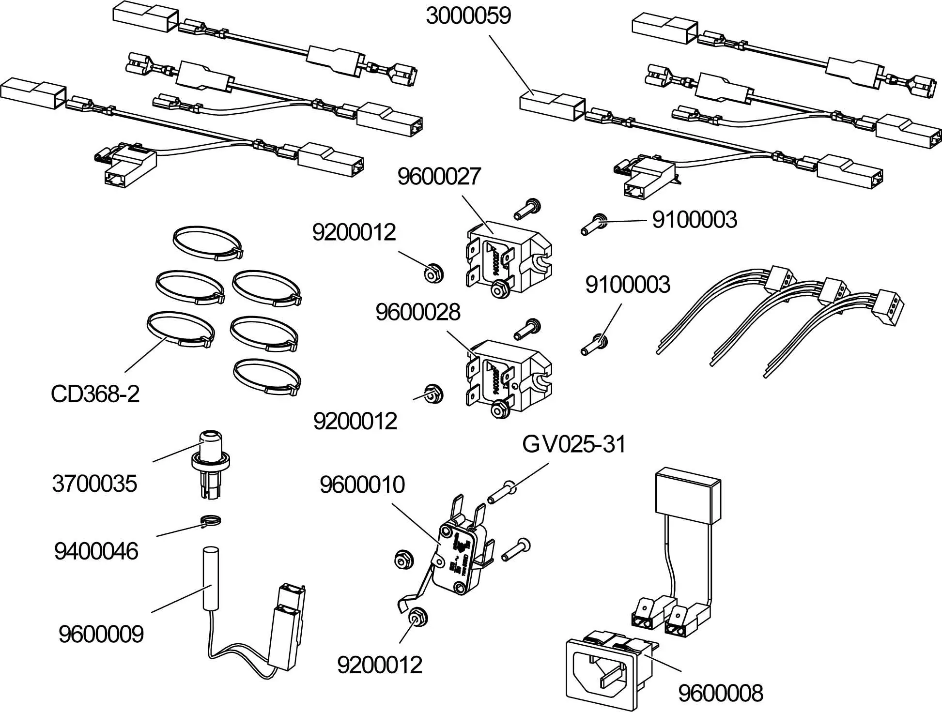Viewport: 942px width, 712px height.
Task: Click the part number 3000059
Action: [468, 15]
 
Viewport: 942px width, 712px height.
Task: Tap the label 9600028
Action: [417, 312]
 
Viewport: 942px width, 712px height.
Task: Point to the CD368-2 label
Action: [95, 394]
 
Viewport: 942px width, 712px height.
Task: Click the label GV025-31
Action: [573, 444]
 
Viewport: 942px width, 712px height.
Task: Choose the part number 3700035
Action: [94, 483]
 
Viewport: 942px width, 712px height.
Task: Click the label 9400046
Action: [96, 551]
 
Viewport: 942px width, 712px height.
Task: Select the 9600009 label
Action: [101, 634]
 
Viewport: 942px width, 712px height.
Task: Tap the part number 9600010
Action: [362, 485]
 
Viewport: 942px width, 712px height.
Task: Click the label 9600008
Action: [720, 693]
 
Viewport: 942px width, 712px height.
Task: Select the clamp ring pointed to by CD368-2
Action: [180, 329]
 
